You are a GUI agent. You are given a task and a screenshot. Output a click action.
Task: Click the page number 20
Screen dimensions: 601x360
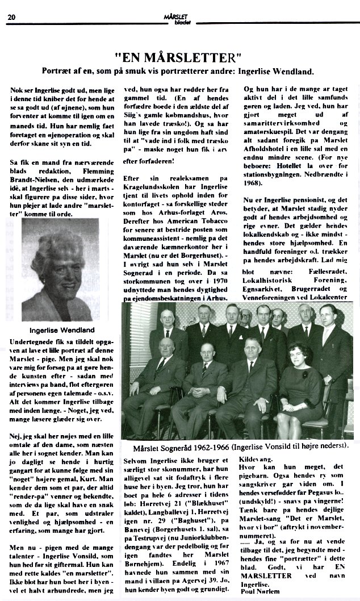(x=11, y=17)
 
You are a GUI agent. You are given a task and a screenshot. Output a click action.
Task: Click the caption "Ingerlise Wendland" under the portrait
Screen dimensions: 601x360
(x=61, y=330)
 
